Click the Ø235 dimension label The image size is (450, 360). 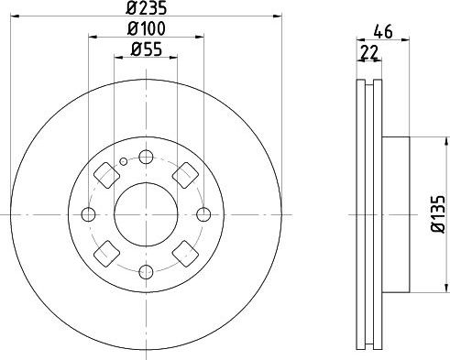click(x=146, y=10)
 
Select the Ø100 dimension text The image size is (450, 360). click(x=146, y=31)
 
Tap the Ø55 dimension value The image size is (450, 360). click(x=146, y=51)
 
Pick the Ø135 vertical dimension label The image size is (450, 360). click(x=437, y=214)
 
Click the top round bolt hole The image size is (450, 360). click(x=146, y=157)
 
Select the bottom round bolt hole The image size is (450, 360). click(x=146, y=272)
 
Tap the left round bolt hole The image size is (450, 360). click(x=89, y=214)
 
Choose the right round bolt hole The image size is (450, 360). click(x=203, y=214)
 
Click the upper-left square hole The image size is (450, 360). click(x=105, y=174)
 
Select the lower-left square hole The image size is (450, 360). click(x=105, y=255)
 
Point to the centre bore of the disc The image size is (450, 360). click(x=146, y=214)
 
